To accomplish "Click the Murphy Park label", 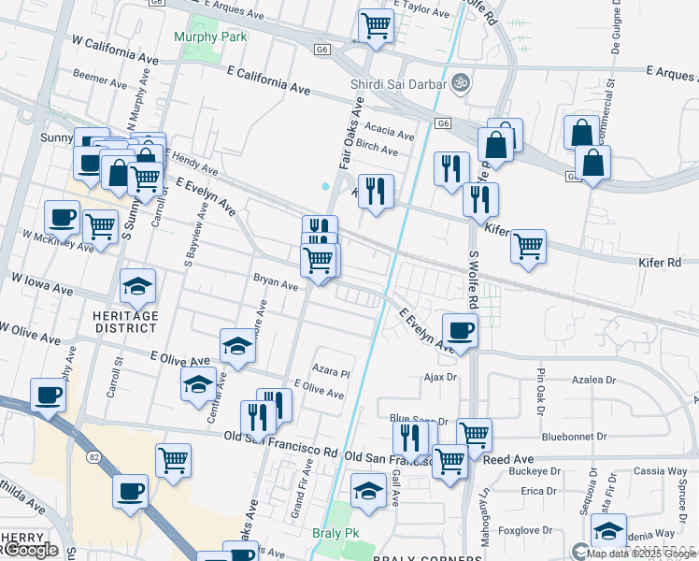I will point(209,36).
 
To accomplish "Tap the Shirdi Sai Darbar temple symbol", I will point(458,83).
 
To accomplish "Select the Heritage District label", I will point(125,322).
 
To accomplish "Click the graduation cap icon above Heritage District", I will point(138,286).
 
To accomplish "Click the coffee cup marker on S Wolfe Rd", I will point(460,330).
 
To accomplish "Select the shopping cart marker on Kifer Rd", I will point(528,247).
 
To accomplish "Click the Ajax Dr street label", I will point(438,378).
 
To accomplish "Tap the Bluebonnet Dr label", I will point(575,437).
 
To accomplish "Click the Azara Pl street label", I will point(331,371).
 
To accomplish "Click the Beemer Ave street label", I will point(98,75).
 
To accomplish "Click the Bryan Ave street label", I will point(275,280).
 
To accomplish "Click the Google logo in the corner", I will point(31,551).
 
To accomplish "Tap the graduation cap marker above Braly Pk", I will point(368,490).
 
